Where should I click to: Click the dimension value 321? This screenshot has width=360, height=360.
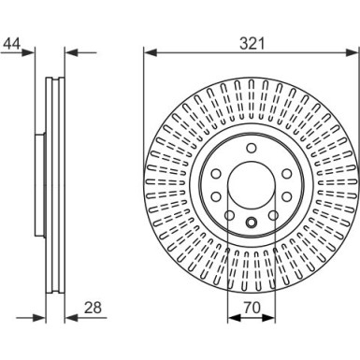click(252, 43)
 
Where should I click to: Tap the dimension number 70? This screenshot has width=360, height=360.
click(252, 308)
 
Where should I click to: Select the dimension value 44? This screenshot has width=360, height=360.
click(12, 44)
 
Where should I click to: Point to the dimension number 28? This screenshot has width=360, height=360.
click(93, 308)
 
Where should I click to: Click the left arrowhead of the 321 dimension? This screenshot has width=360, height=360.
click(150, 52)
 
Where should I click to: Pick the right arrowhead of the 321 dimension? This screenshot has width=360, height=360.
click(353, 52)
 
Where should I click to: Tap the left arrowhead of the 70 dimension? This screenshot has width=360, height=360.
click(234, 318)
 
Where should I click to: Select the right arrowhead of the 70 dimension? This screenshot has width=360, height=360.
click(269, 318)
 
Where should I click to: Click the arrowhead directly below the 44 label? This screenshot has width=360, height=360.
click(27, 52)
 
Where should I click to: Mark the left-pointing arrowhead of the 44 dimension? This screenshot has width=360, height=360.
click(71, 52)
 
